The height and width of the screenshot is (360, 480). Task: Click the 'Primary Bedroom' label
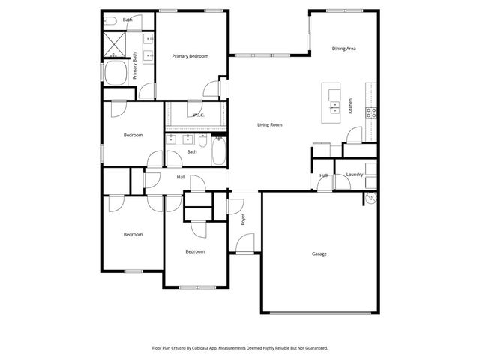coord(190,56)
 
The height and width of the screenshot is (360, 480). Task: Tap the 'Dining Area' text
coord(343,49)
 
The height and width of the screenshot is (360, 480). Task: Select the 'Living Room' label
coord(270,124)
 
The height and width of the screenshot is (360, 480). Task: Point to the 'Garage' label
coord(319,253)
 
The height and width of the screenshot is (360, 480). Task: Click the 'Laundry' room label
coord(355,175)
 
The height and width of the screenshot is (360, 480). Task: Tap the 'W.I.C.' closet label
coord(199,115)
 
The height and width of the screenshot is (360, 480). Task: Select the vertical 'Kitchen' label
coord(350,106)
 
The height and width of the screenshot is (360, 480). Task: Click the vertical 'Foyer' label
coord(243,220)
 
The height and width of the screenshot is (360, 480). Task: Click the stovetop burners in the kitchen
coord(370,112)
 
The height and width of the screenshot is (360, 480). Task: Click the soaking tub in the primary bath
coord(116,74)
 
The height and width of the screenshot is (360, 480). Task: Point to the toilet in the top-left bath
coord(109,20)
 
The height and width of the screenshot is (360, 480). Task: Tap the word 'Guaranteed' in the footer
coord(312,348)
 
